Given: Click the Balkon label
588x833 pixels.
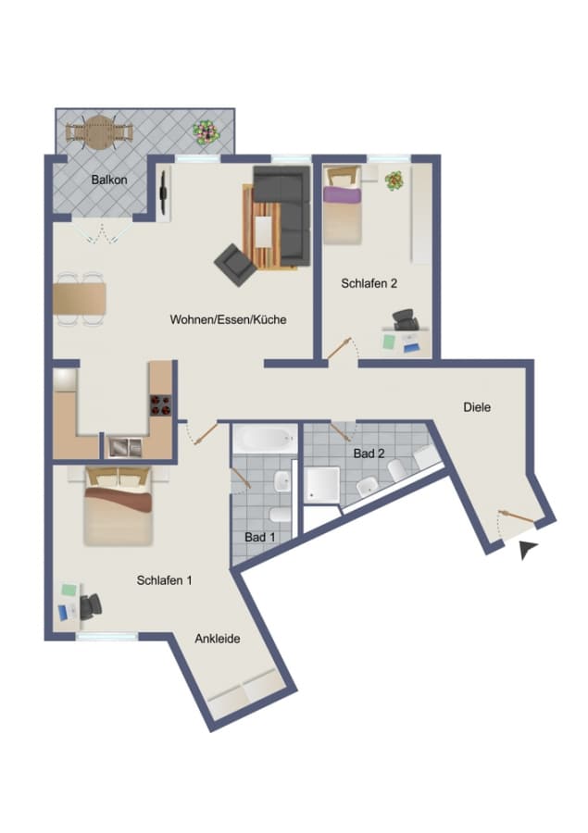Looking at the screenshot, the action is click(x=109, y=180).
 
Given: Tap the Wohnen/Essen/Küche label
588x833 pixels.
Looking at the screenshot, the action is click(x=228, y=319).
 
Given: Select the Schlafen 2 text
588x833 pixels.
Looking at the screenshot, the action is click(x=369, y=283).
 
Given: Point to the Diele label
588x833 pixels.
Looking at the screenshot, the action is click(x=477, y=407).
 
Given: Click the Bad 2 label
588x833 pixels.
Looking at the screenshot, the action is click(x=369, y=454).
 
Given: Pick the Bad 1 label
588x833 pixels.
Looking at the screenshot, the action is click(x=260, y=537).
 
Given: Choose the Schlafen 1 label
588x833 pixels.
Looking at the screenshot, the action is click(x=164, y=580).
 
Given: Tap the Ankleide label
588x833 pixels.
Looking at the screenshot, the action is click(x=218, y=639).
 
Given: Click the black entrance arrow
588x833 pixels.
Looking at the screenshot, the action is click(x=528, y=549).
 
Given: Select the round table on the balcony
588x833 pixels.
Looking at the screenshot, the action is click(x=99, y=132).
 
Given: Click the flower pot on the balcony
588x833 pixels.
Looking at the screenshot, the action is click(x=206, y=132).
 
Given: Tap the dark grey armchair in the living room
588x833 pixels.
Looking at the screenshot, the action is click(x=235, y=266).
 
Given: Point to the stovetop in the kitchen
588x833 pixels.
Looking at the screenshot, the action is click(x=160, y=404).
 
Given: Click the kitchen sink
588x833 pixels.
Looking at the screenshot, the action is click(x=125, y=447).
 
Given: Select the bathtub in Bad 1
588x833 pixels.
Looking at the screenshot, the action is click(x=265, y=439).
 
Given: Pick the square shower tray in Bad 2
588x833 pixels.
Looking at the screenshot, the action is click(x=321, y=484).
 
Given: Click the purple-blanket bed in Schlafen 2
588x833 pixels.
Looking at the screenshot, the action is click(x=343, y=205).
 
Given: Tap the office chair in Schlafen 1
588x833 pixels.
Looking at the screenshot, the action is click(x=91, y=606).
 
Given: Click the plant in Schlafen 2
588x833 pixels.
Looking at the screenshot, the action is click(x=394, y=181).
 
